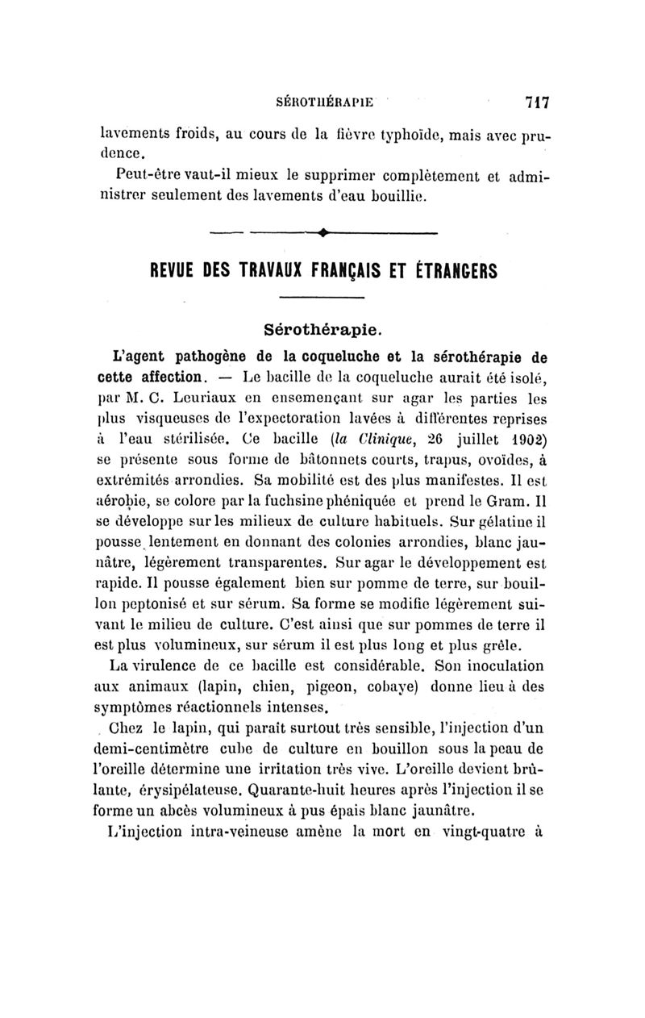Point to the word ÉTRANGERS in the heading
(451, 271)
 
